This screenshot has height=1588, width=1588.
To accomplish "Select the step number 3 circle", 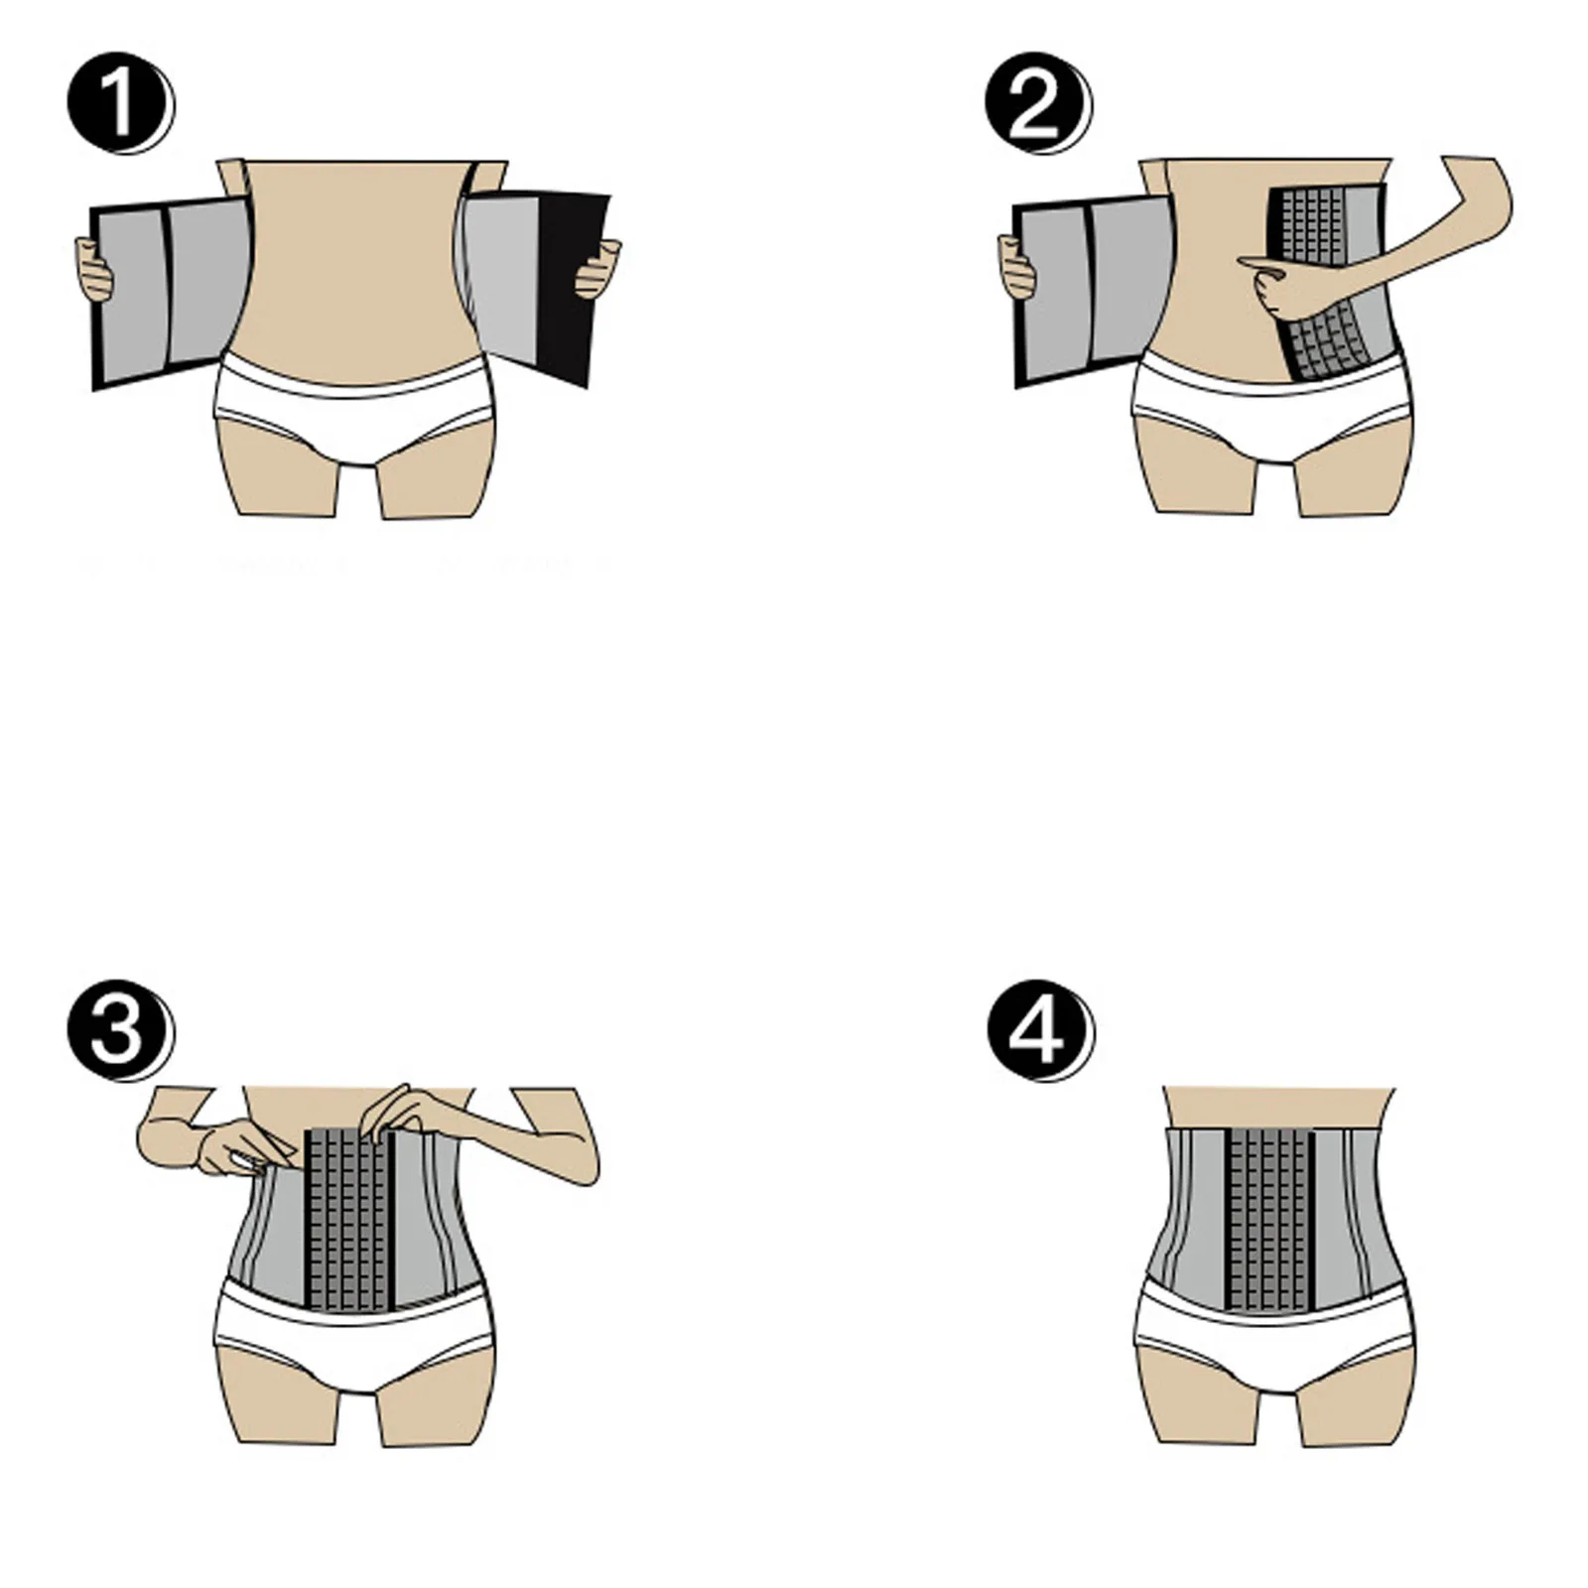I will click(118, 1029).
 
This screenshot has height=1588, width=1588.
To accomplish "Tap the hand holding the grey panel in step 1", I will click(95, 268).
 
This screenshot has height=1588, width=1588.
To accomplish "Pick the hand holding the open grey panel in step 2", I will click(1018, 266).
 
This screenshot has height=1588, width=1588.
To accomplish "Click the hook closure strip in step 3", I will click(347, 1221).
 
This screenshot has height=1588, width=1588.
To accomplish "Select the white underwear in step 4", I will click(1274, 1340).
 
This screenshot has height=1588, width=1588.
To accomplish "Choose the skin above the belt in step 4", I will click(1277, 1107).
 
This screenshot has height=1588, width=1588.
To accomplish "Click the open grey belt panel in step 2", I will click(1092, 288).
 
